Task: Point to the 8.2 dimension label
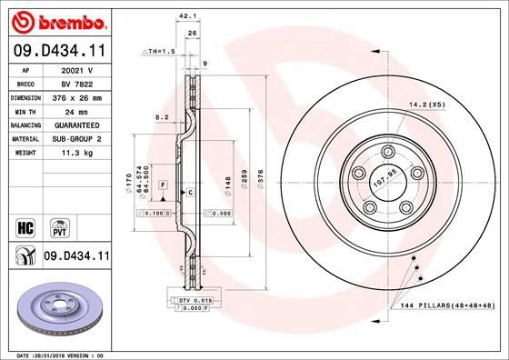(x=163, y=118)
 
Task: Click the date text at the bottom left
(x=56, y=354)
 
